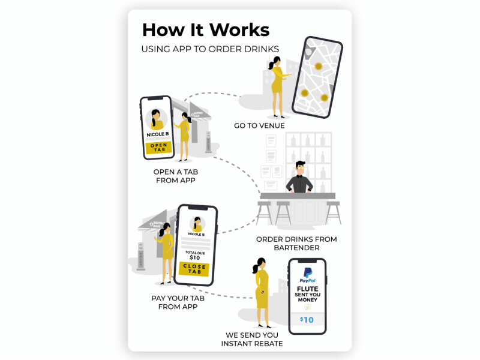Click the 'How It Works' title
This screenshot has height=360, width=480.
[205, 30]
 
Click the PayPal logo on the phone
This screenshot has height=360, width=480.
[307, 275]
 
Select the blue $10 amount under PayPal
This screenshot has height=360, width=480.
[307, 320]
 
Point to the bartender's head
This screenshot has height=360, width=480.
[300, 169]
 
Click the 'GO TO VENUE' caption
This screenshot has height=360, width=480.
[259, 126]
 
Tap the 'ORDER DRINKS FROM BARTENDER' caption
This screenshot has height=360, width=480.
[296, 243]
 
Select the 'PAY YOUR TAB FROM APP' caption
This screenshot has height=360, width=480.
[174, 302]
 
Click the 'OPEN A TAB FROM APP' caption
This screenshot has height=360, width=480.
[176, 175]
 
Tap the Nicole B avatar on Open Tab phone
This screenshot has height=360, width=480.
[157, 119]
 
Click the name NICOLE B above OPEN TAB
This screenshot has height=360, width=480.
[158, 134]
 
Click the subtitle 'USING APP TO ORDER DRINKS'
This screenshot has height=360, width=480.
[210, 49]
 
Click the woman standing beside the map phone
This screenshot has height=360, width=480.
[277, 87]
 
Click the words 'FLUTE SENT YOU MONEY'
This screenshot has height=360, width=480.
[307, 294]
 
